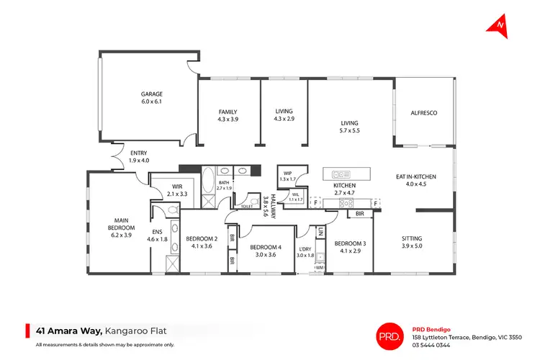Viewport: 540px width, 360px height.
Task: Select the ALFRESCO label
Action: coord(424,113)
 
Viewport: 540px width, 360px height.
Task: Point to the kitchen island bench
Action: coord(348,174)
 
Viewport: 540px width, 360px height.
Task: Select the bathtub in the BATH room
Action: coord(208,178)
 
